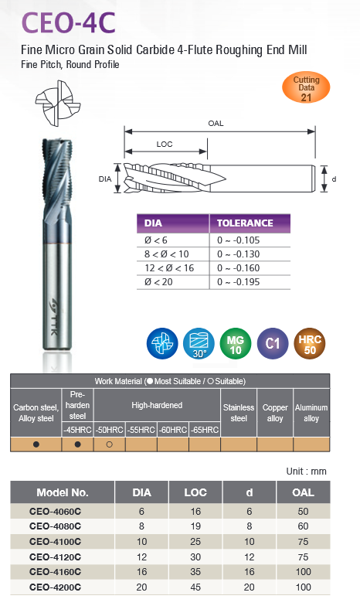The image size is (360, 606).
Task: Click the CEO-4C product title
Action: click(x=68, y=23)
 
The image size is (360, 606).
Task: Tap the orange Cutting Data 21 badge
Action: click(x=306, y=88)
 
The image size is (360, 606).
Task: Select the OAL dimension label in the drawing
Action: click(x=216, y=124)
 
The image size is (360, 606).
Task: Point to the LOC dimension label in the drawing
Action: click(x=164, y=144)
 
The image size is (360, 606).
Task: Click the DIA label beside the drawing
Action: click(x=105, y=179)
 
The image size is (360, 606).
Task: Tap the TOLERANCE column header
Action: click(x=245, y=223)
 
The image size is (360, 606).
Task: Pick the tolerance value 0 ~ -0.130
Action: click(x=238, y=254)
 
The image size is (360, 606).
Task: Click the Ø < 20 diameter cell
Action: click(x=158, y=281)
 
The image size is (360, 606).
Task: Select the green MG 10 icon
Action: click(x=235, y=343)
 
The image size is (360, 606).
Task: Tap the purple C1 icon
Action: click(x=272, y=343)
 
